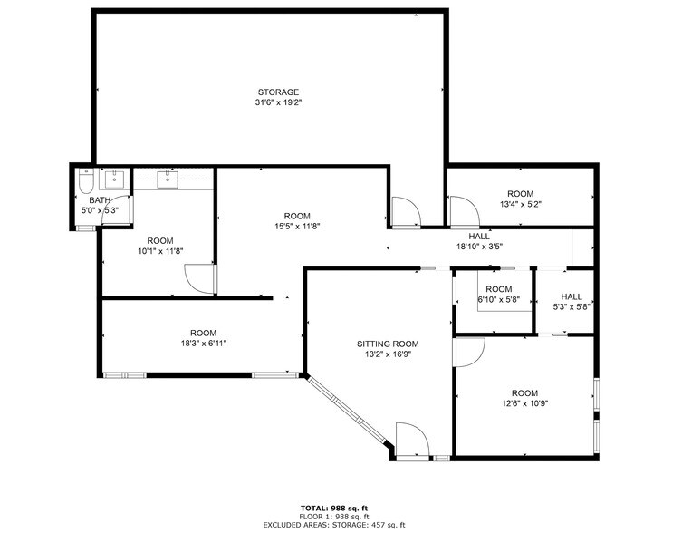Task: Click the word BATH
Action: point(99,200)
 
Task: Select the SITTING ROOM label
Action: point(388,344)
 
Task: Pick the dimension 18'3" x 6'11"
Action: point(203,344)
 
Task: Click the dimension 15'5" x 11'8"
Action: point(297,227)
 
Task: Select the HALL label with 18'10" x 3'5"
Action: point(479,236)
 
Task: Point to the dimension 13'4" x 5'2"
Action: point(520,205)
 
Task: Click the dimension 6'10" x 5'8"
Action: point(499,300)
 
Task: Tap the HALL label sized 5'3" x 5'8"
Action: point(572,296)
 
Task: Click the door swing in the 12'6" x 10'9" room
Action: point(469,353)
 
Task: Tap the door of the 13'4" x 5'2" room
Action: point(465,213)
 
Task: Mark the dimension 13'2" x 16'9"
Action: point(388,354)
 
